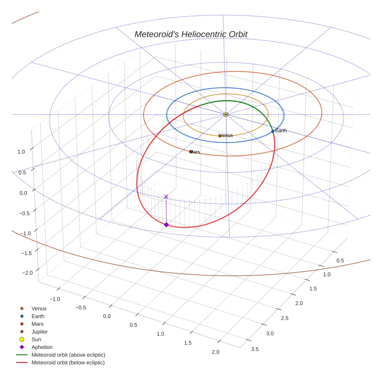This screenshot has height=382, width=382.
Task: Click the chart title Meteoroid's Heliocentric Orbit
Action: (x=191, y=35)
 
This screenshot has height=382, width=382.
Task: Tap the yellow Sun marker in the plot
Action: (x=226, y=115)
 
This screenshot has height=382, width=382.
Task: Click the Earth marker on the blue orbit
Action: (x=273, y=131)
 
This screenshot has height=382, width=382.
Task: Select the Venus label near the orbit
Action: (x=226, y=135)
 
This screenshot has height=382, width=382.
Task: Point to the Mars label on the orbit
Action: (x=195, y=152)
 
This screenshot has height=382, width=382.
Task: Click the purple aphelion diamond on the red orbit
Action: (x=166, y=225)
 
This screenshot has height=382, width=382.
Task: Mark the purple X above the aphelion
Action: (x=166, y=197)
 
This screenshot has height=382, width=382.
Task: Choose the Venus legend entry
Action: (x=39, y=308)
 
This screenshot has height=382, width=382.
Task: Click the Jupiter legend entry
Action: (x=40, y=332)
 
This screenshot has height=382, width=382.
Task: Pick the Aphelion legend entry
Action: (x=42, y=347)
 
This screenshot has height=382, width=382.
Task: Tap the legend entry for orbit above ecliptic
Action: (x=68, y=355)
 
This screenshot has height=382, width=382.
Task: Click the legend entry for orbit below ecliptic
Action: (x=68, y=363)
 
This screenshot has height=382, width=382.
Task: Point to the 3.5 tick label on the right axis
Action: (x=255, y=349)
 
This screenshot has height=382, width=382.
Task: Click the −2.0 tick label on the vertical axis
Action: (x=28, y=273)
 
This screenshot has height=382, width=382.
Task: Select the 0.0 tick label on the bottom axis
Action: (x=107, y=316)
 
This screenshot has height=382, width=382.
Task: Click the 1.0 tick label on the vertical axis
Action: (x=21, y=152)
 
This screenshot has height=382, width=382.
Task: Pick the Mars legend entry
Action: (x=38, y=324)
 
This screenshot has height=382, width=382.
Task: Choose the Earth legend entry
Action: (x=38, y=316)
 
